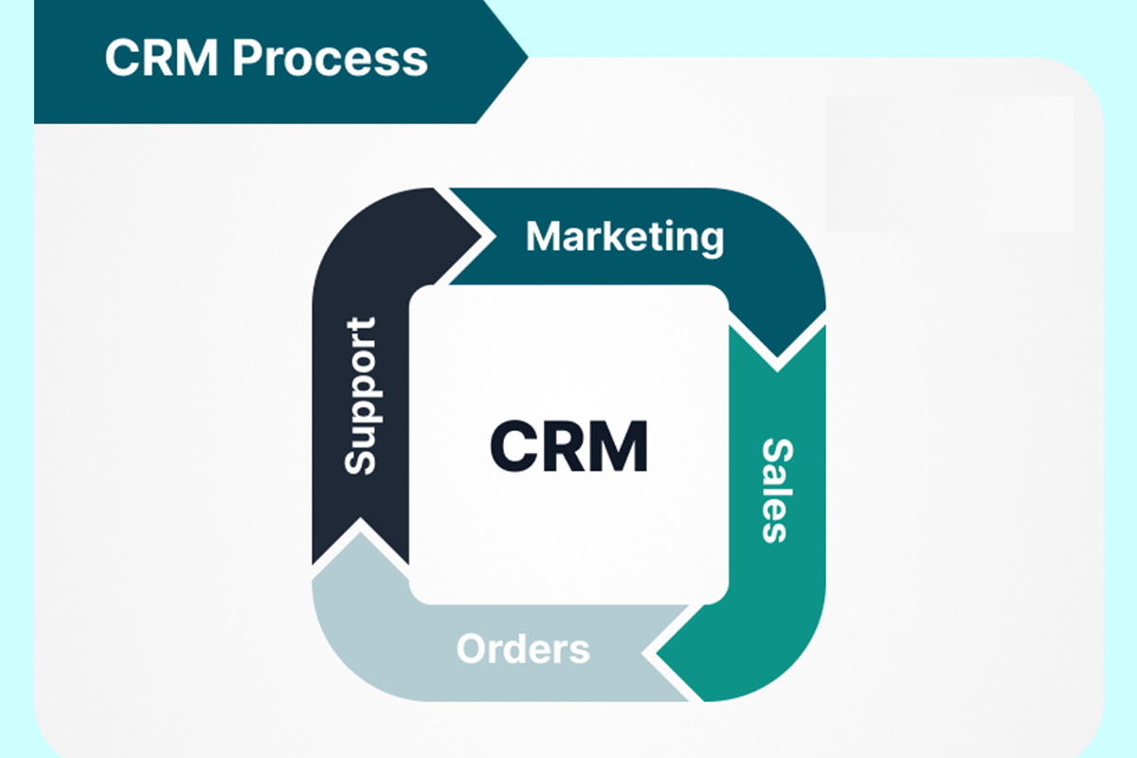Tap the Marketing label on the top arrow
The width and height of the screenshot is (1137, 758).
(x=624, y=237)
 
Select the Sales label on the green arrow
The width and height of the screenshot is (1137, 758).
(x=774, y=489)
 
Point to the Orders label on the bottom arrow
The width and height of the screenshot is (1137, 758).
(x=523, y=650)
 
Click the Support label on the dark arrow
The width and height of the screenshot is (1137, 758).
(x=360, y=395)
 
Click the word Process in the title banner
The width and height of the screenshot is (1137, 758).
(x=331, y=58)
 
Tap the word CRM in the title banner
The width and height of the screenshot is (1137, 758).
(x=162, y=58)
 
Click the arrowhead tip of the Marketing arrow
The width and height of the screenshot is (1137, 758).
(x=777, y=367)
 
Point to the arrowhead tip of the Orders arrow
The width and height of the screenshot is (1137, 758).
(x=354, y=527)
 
